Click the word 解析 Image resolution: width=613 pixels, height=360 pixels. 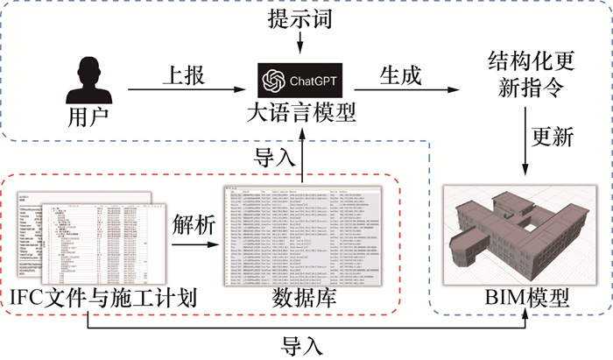click(194, 223)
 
